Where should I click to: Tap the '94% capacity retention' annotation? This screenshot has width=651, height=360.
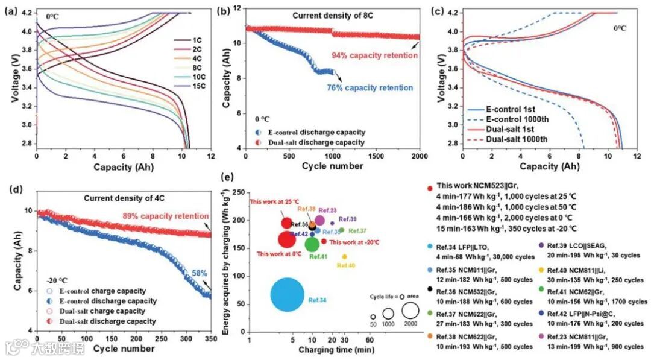coord(374,55)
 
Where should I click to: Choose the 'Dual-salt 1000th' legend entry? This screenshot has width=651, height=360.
coord(514,139)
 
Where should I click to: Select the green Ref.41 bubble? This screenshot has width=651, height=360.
coord(312,244)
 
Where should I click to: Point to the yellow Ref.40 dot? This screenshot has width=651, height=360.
coord(344,257)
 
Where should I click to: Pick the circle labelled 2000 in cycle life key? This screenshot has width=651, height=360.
coord(410,311)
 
